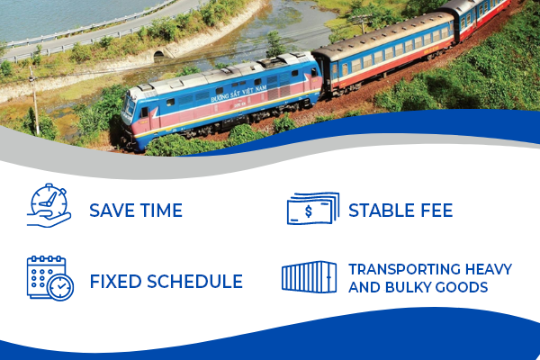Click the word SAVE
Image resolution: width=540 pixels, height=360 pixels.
[x=112, y=210]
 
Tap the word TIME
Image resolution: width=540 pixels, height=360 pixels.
[x=161, y=210]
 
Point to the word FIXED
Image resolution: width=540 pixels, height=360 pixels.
[x=115, y=282]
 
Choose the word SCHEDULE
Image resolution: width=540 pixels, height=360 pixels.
[x=195, y=282]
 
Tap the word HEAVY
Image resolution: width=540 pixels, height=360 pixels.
[x=489, y=269]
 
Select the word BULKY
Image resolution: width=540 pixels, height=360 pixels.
[x=407, y=287]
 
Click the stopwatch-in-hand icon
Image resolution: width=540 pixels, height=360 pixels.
[x=49, y=205]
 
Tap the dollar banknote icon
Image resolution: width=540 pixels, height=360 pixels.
[x=313, y=209]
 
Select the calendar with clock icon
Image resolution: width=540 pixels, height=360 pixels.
[x=50, y=278]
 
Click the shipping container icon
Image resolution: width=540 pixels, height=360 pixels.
[x=309, y=277]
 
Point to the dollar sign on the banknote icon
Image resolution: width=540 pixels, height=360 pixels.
[x=309, y=211]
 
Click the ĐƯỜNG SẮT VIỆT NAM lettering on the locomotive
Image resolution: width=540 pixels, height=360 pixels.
[x=238, y=94]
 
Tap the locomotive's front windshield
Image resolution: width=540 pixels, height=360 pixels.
[x=129, y=106]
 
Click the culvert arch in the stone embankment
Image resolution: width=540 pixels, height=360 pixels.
[x=158, y=54]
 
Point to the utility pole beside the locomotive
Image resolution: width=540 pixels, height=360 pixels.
[x=34, y=101]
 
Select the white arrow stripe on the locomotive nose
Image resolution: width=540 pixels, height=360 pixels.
[x=155, y=113]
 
